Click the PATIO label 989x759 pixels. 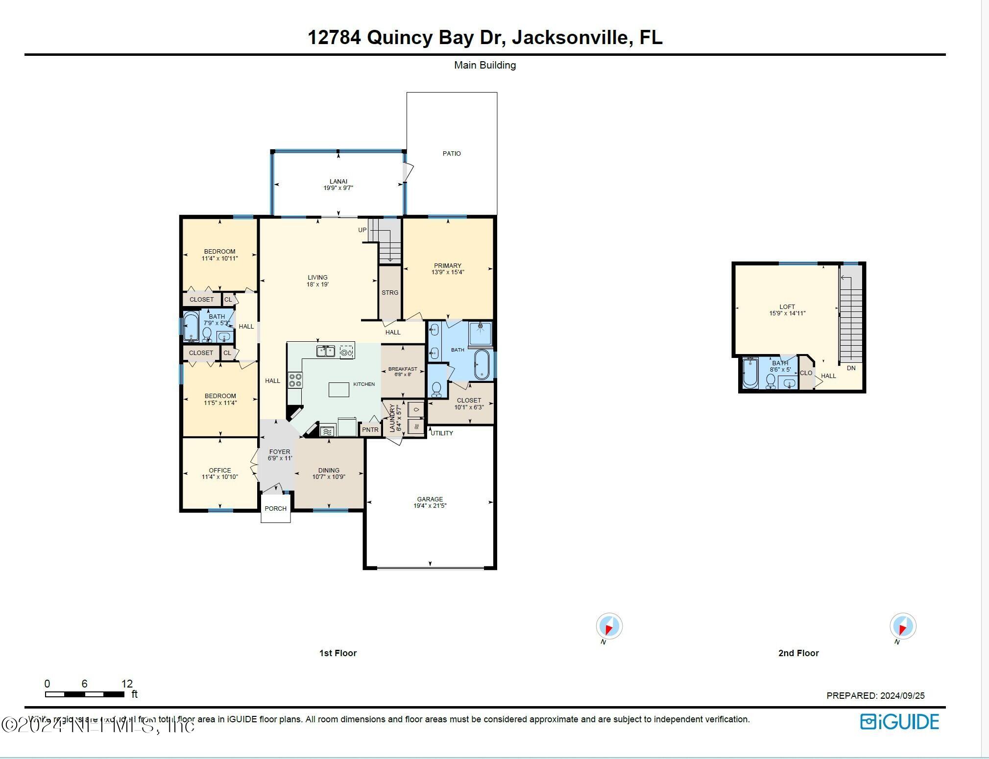click(451, 153)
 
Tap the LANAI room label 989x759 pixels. click(338, 182)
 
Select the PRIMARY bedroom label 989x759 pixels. click(447, 266)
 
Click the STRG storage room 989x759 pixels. click(390, 292)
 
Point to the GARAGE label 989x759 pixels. click(430, 499)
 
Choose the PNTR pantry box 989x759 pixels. click(370, 430)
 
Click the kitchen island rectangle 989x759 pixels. click(338, 390)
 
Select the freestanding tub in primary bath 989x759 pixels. click(482, 364)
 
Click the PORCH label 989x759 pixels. click(275, 509)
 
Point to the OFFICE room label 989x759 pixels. click(219, 471)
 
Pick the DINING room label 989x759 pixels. click(329, 471)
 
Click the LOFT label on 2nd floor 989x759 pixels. click(787, 307)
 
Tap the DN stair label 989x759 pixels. click(851, 368)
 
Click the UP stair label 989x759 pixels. click(362, 230)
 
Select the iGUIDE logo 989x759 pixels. click(900, 722)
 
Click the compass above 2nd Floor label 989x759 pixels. click(902, 626)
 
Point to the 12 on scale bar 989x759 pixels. click(127, 684)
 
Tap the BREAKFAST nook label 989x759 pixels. click(403, 369)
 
